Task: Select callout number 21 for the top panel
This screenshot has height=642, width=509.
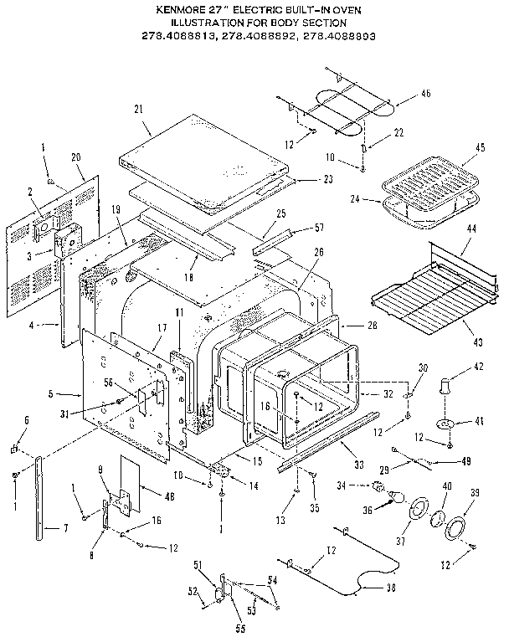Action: pyautogui.click(x=139, y=109)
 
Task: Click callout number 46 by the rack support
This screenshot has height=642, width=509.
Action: pyautogui.click(x=425, y=93)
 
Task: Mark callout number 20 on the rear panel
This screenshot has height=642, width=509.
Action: pyautogui.click(x=76, y=158)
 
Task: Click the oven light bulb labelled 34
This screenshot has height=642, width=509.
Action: pyautogui.click(x=379, y=487)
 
